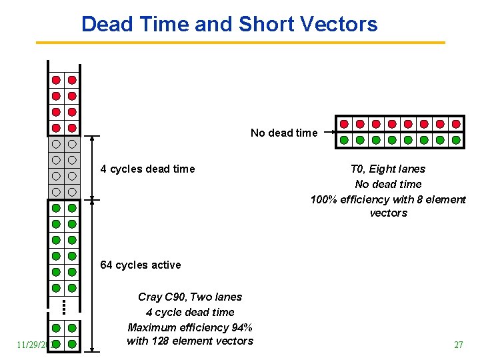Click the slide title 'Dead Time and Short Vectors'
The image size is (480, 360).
pos(229,25)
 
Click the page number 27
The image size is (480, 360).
pos(458,345)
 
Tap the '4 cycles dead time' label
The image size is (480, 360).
pos(147,169)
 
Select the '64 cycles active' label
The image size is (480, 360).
pos(140,265)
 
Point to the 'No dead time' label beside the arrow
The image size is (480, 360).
pos(283,133)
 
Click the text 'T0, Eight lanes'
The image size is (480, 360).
pos(387,169)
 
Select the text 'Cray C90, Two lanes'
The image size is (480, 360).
pos(190,297)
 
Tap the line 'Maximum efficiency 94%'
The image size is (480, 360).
pos(190,327)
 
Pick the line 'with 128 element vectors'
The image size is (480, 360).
pos(190,341)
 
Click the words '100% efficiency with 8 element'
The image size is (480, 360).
pos(388,199)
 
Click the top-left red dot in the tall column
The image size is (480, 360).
pos(56,80)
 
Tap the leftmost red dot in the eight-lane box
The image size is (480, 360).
pos(344,124)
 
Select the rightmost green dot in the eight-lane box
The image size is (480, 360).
pos(456,140)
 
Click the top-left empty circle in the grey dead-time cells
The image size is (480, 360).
pos(56,144)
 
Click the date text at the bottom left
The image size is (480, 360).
pos(30,345)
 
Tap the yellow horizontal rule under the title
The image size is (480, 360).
pos(240,43)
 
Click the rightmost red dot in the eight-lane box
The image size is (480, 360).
pos(456,124)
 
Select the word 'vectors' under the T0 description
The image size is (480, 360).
pos(388,213)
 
